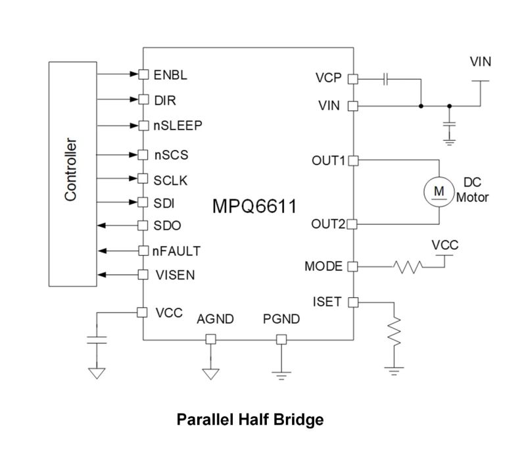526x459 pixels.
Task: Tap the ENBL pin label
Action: tap(170, 74)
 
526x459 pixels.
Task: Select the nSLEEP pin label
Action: tap(178, 125)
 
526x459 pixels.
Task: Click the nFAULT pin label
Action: tap(177, 251)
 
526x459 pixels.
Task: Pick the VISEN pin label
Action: tap(174, 275)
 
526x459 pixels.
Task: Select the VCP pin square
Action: tap(352, 79)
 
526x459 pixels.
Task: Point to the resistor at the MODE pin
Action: tap(408, 267)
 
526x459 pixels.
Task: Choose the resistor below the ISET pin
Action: tap(394, 332)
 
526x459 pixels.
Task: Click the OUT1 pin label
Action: tap(328, 160)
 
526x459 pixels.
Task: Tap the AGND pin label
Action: tap(215, 320)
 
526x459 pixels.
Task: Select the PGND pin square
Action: tap(281, 339)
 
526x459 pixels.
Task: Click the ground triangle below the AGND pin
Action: tap(210, 374)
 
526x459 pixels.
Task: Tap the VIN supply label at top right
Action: tap(481, 62)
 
